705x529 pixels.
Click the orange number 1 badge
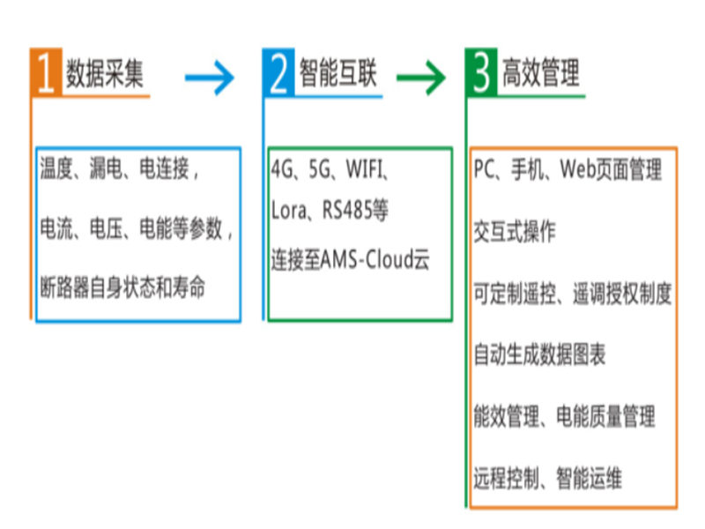45,72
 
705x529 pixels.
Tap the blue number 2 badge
278,72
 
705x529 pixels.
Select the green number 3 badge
481,72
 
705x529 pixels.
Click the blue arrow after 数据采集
210,78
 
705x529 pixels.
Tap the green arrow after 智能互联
421,78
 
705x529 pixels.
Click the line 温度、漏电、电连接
119,169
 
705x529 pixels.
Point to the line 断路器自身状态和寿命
122,287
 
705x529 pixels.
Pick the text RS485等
356,211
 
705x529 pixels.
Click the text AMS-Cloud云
375,259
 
